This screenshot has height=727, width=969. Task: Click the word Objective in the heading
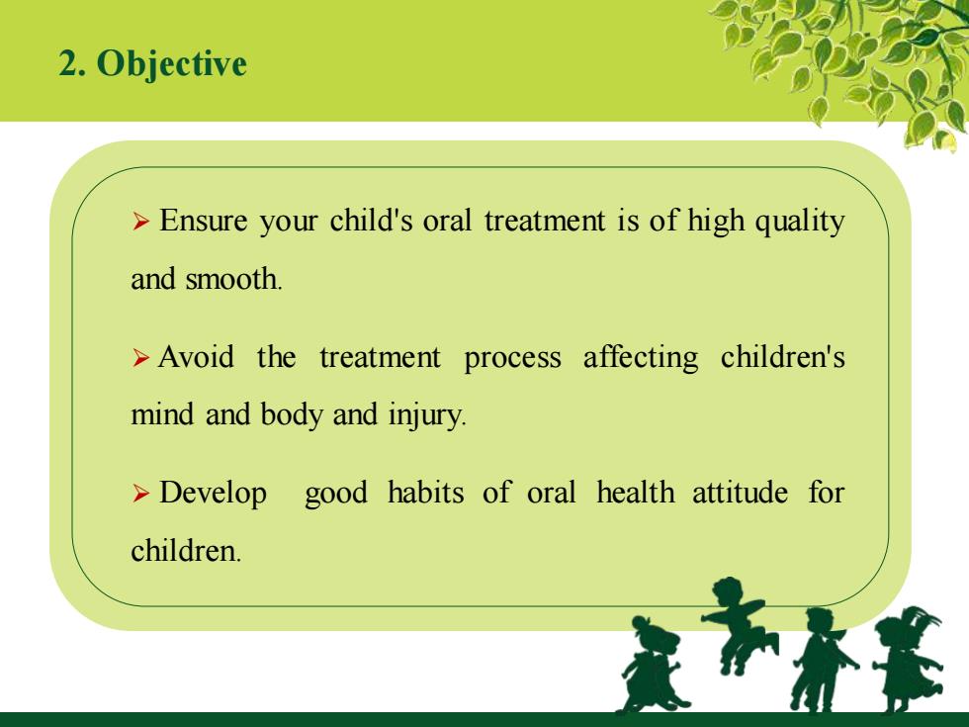(x=172, y=64)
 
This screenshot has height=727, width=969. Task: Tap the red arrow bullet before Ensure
(x=140, y=222)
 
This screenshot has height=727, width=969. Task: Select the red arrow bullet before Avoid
(x=140, y=357)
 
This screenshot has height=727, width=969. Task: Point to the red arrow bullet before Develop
(x=140, y=494)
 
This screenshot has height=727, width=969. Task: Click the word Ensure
(x=204, y=220)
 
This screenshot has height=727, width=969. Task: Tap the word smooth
(x=233, y=278)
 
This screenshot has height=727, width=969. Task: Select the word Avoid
(x=196, y=357)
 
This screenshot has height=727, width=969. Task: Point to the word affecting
(x=641, y=358)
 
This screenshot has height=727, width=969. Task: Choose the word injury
(x=426, y=415)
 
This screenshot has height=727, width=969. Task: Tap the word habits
(x=426, y=493)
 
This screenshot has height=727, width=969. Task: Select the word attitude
(x=740, y=493)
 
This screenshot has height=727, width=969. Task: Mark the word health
(x=635, y=493)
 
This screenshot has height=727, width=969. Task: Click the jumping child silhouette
(x=739, y=624)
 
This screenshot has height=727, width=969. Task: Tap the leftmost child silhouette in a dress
(x=652, y=665)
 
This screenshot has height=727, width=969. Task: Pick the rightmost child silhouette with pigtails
(x=909, y=659)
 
